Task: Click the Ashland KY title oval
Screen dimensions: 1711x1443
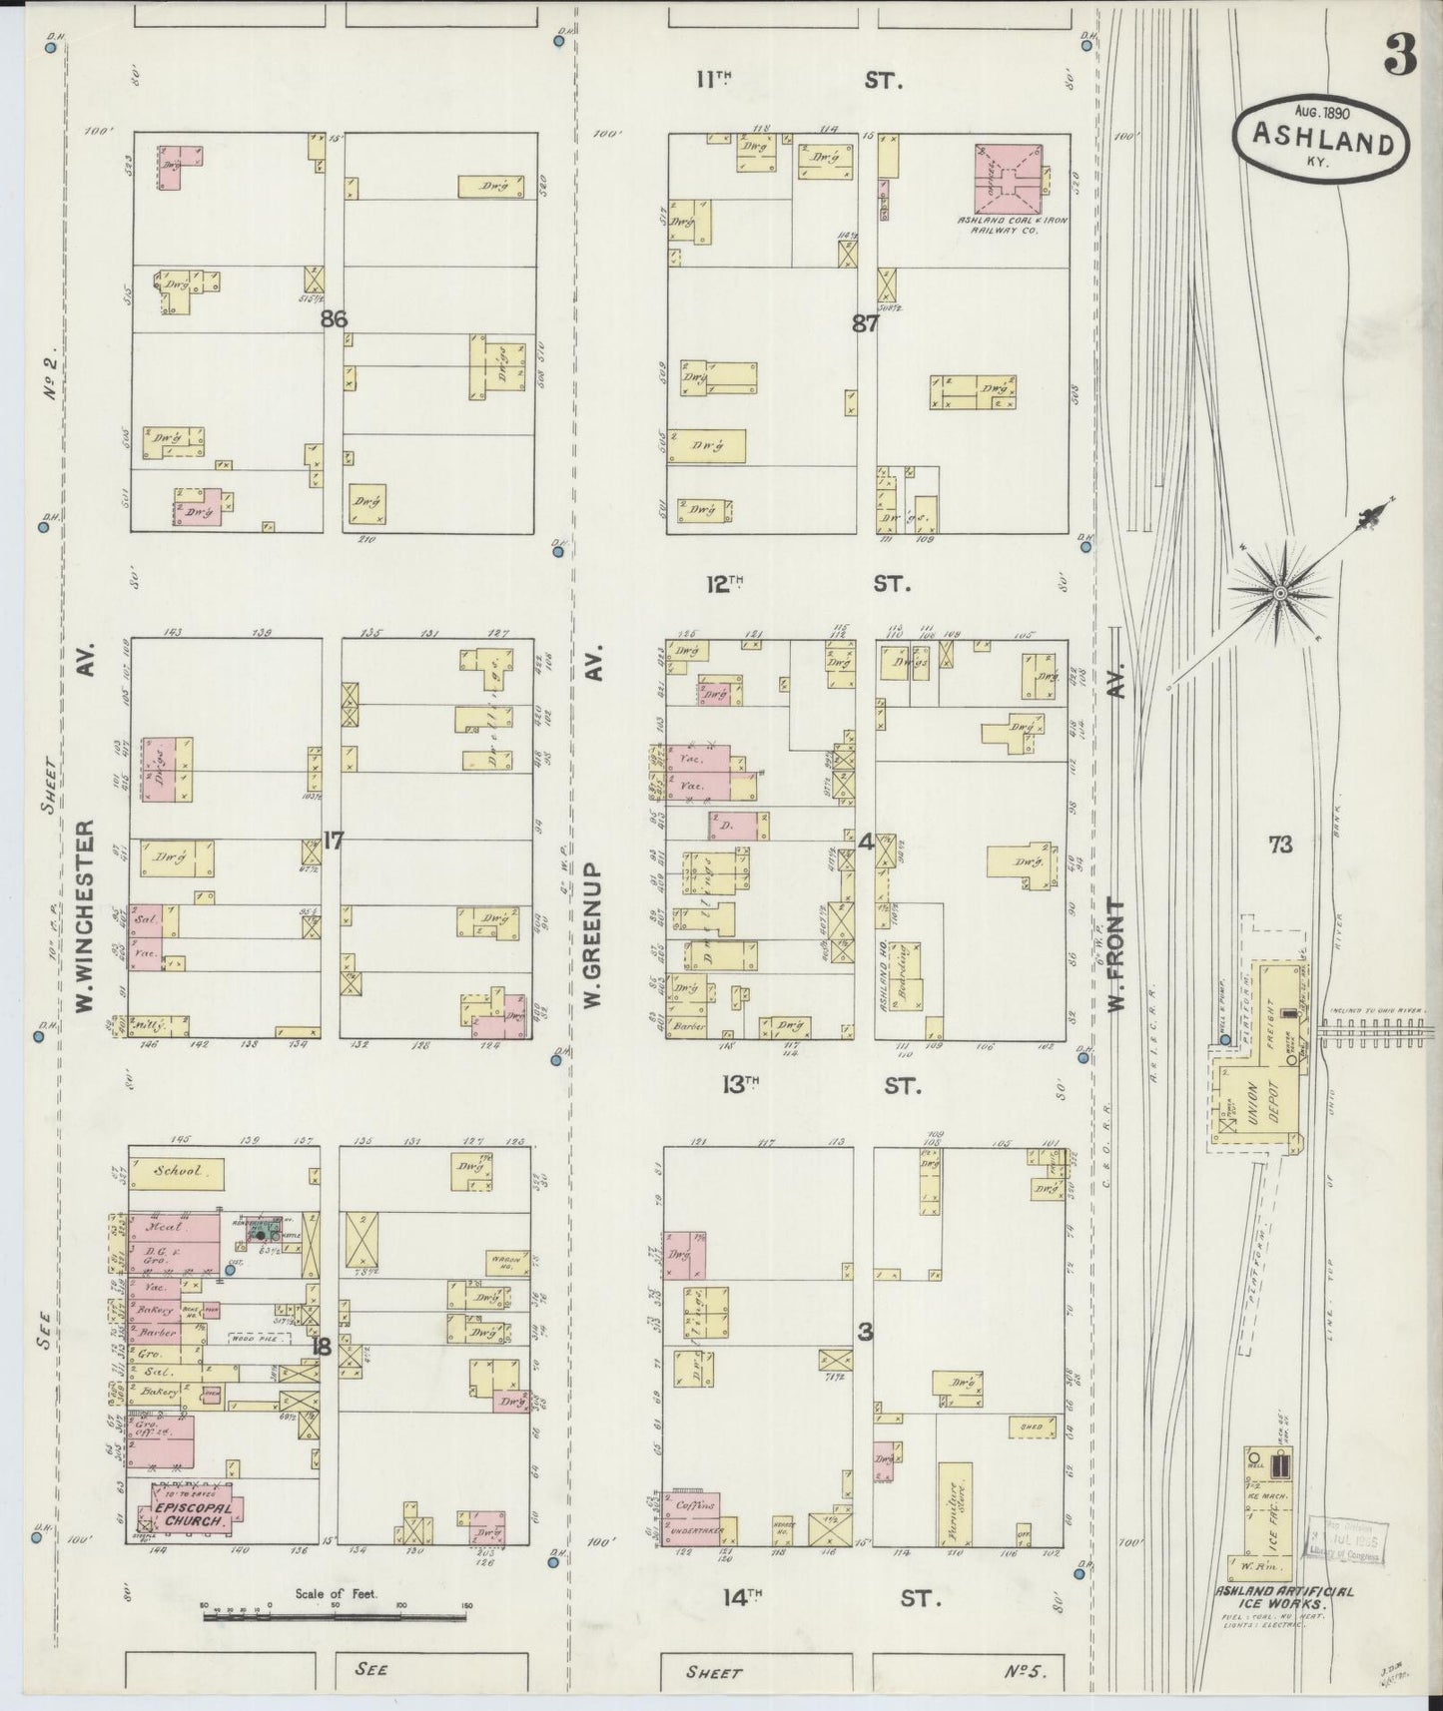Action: point(1320,143)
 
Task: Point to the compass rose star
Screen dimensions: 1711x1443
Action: point(1279,594)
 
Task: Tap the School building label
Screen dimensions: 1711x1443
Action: point(176,1171)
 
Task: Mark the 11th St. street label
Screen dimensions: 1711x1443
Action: point(799,80)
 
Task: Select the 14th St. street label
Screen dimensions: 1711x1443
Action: point(828,1598)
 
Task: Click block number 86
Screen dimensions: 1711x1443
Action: point(334,319)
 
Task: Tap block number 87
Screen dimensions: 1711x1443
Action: point(865,323)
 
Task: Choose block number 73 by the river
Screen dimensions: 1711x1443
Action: point(1279,846)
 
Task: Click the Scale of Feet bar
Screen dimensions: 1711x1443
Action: point(337,1614)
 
